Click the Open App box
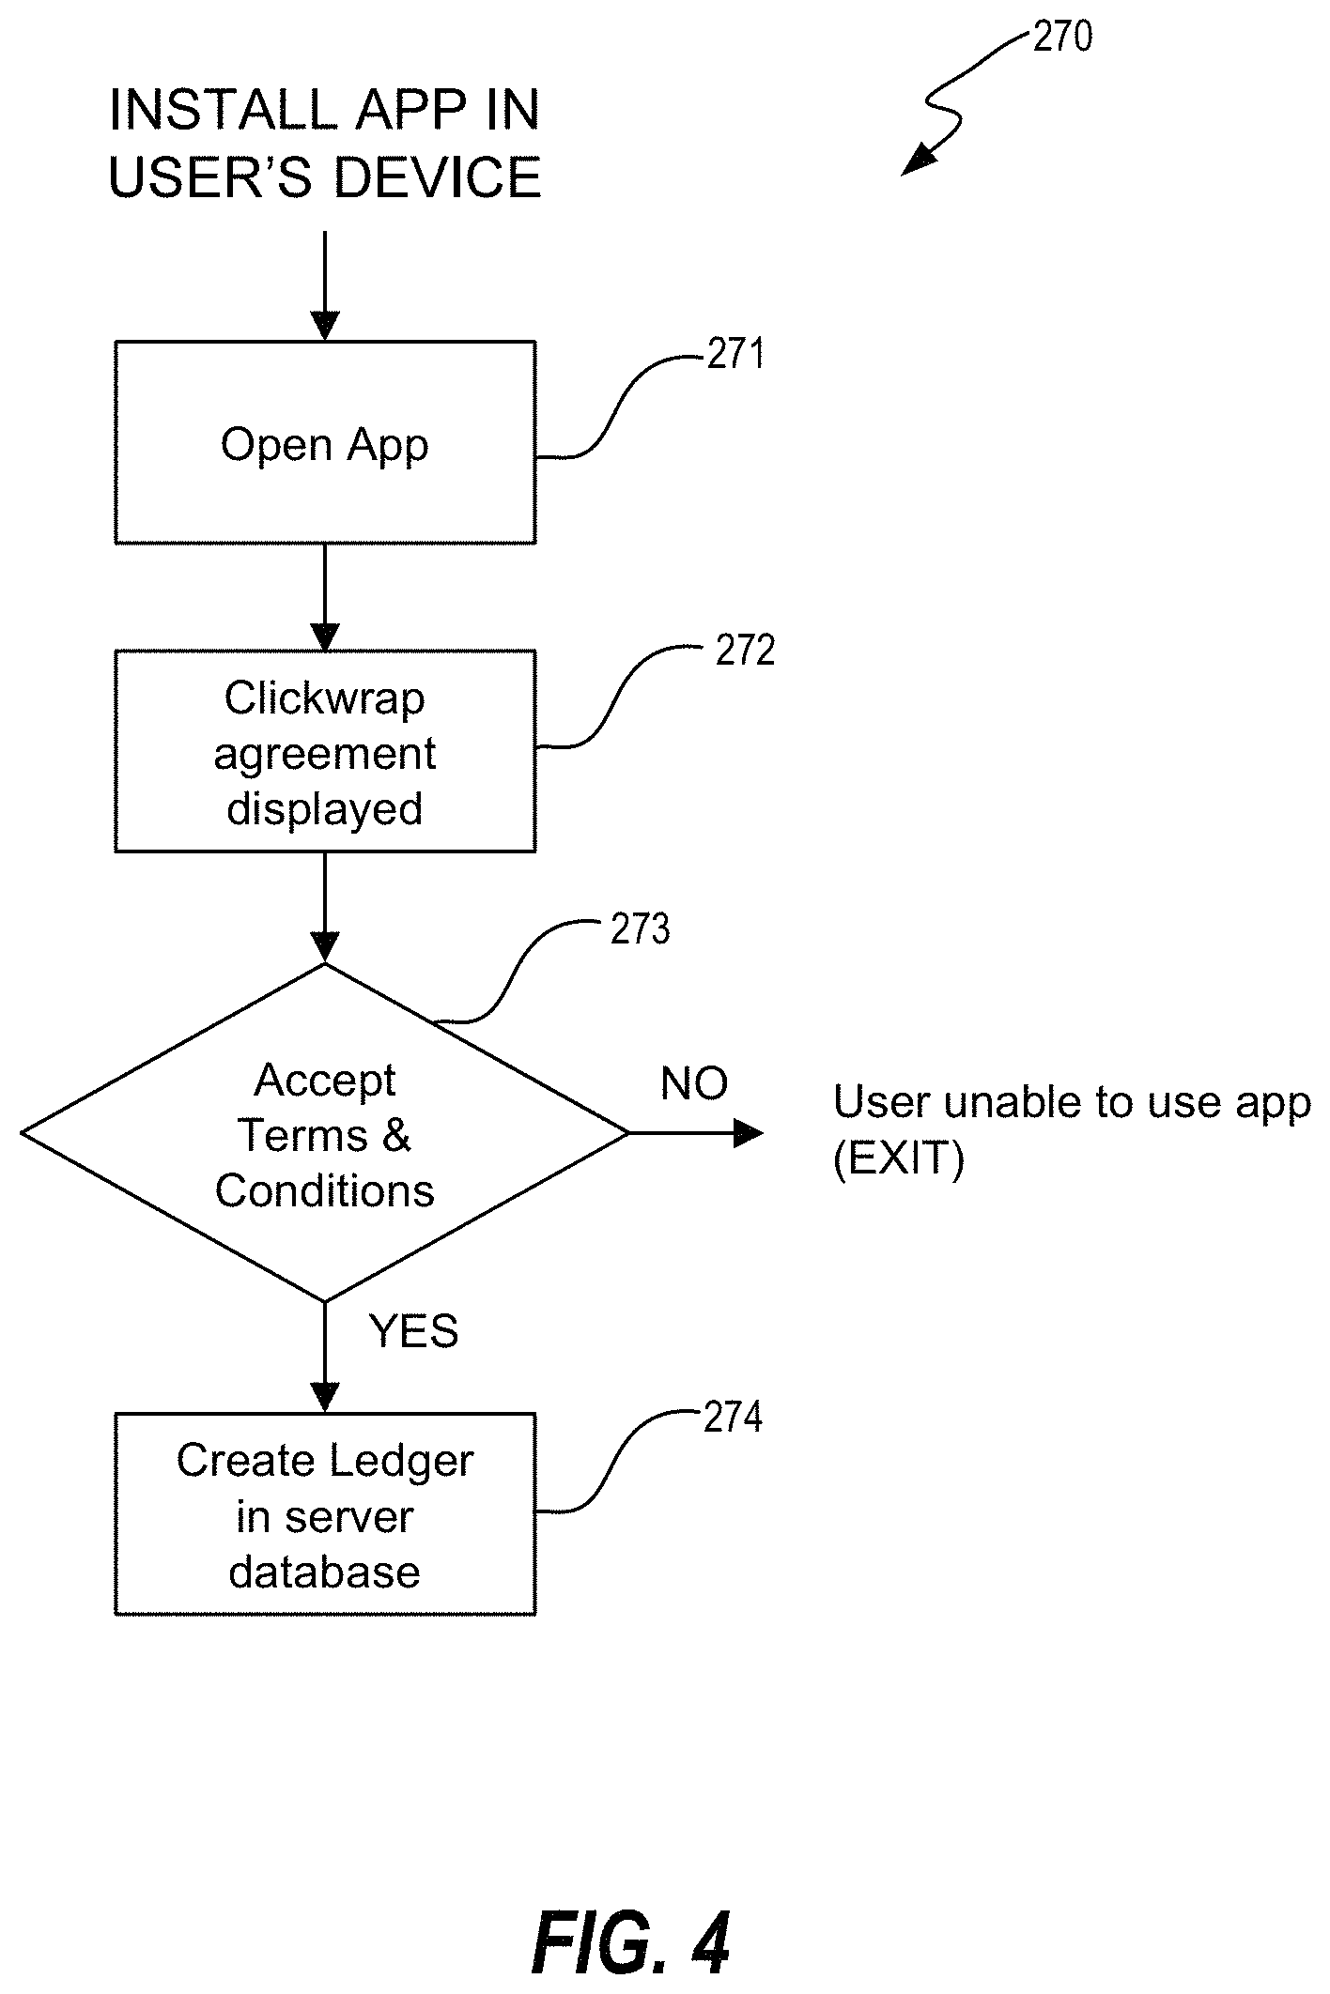tap(325, 442)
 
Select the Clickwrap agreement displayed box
tap(325, 751)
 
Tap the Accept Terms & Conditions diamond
tap(325, 1133)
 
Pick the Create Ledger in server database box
tap(325, 1514)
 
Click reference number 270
tap(1062, 38)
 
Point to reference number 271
tap(735, 355)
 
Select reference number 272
tap(745, 651)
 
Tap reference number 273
tap(640, 929)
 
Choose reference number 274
tap(733, 1418)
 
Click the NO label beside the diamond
tap(694, 1084)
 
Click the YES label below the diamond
tap(413, 1331)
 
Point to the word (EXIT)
tap(898, 1160)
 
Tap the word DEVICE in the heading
tap(438, 177)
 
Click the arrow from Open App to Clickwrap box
tap(325, 597)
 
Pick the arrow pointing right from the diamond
tap(695, 1133)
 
